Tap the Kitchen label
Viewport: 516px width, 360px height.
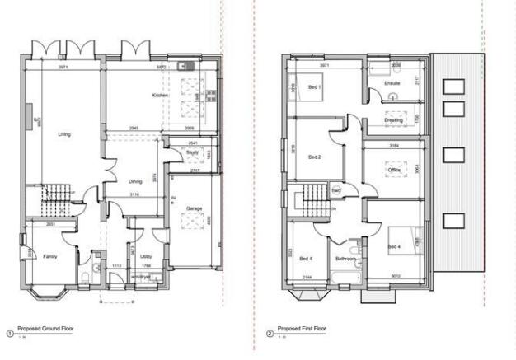coord(160,96)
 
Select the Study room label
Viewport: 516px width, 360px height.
coord(192,152)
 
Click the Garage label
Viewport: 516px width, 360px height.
coord(195,208)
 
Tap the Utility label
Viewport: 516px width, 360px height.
coord(146,256)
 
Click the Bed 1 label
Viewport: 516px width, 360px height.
coord(315,86)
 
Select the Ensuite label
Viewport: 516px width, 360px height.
coord(393,83)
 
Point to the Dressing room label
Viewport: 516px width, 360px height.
coord(394,120)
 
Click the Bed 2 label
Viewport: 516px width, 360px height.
coord(314,157)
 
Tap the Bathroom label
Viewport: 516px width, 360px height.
coord(346,259)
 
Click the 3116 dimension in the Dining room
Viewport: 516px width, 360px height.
coord(134,194)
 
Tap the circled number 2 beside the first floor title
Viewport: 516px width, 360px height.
coord(270,334)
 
